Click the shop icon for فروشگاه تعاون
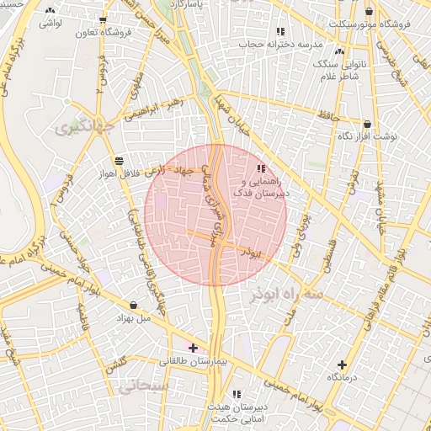click(x=103, y=20)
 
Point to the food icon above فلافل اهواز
click(x=119, y=160)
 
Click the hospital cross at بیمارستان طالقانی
click(x=194, y=347)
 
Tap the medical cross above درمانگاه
click(x=342, y=364)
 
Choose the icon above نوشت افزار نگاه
click(x=367, y=124)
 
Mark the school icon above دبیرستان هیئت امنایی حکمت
click(x=237, y=394)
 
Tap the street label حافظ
click(x=335, y=106)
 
